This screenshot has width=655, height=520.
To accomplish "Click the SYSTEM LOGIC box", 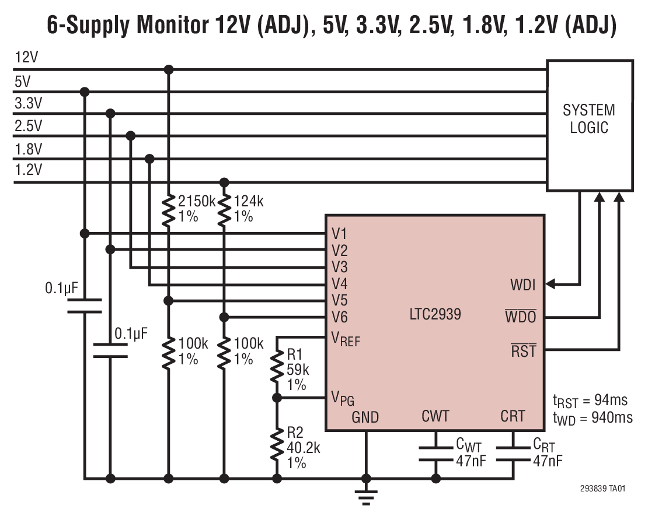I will pos(589,125).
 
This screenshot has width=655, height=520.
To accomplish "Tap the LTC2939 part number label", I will pos(435,315).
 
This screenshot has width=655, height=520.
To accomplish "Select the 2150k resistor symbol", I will pos(168,209).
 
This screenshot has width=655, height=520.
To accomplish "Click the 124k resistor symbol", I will pos(224,209).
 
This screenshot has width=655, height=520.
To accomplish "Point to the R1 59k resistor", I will pos(276,368).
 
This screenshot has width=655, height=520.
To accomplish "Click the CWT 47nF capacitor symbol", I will pos(435,454).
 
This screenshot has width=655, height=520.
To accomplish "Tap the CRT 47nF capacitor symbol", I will pos(513,454).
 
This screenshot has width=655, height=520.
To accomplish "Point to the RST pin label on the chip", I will pos(523,351).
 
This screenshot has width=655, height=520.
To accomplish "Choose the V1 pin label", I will pos(339,234).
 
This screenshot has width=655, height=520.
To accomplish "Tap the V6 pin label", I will pos(339,318).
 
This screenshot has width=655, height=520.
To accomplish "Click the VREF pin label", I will pos(346,339).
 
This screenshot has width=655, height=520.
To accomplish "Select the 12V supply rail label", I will pos(26,58).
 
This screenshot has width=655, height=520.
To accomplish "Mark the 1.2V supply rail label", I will pos(28,170).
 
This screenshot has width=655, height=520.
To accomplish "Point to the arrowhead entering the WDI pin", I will pos(551,284).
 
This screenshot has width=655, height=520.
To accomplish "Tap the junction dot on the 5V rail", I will pos(85,92).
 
